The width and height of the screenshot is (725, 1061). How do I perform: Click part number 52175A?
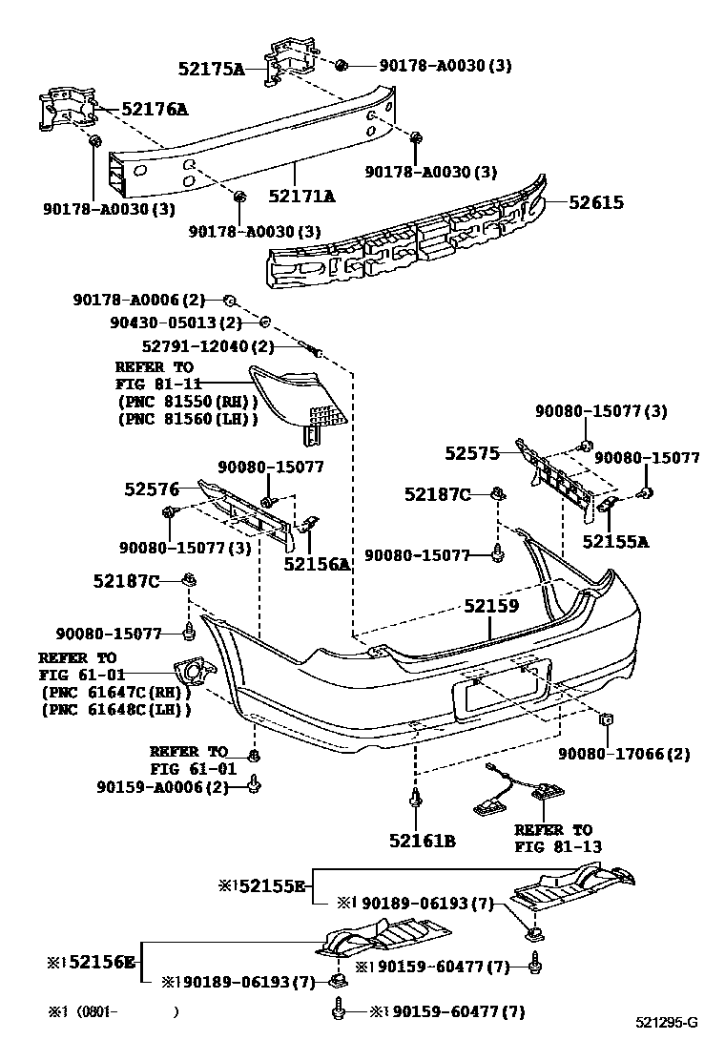(x=211, y=68)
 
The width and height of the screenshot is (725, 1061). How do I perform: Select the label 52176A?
(x=155, y=110)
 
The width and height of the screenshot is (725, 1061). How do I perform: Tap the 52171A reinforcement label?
(x=301, y=197)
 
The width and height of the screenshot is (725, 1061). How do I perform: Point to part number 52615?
(x=596, y=202)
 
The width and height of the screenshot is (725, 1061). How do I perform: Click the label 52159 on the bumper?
(x=491, y=606)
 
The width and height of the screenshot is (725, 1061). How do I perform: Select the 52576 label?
(x=152, y=489)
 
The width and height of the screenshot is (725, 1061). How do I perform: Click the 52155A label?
(x=615, y=541)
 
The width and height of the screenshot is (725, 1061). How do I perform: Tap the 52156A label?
(x=317, y=564)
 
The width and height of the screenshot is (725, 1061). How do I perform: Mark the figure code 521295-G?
(x=667, y=1024)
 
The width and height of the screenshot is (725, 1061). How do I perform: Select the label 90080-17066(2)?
(x=625, y=754)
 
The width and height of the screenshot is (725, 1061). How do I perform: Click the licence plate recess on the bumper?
(x=501, y=689)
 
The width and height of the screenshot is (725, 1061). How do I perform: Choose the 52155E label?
(x=267, y=886)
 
